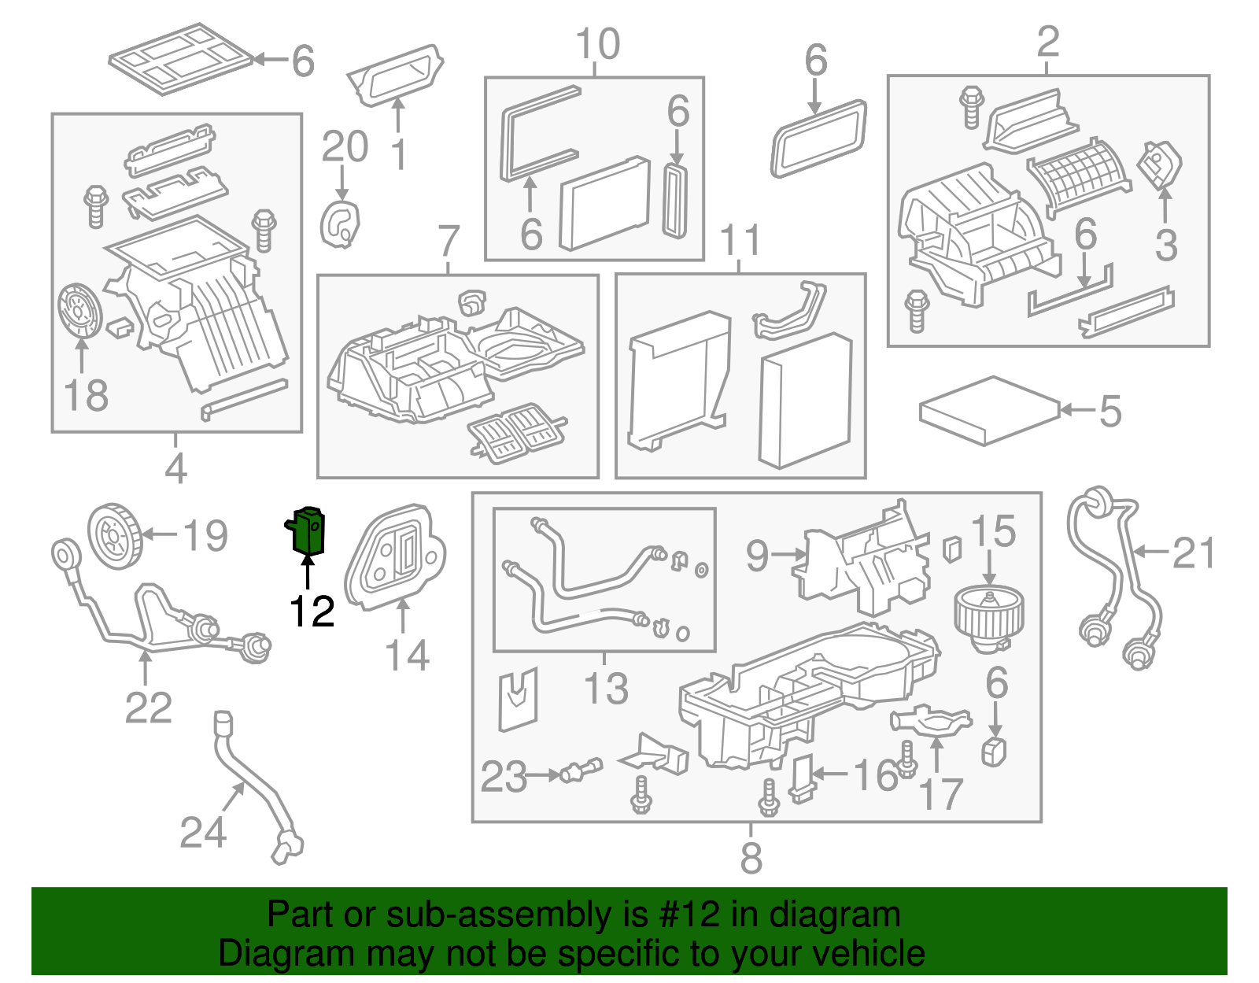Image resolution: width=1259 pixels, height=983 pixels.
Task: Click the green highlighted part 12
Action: click(x=305, y=530)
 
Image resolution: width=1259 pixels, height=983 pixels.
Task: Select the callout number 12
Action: click(x=312, y=611)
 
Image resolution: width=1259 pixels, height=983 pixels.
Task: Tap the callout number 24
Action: click(x=202, y=833)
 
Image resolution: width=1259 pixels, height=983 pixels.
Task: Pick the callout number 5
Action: click(x=1110, y=412)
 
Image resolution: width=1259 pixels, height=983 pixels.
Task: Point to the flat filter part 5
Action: click(x=990, y=411)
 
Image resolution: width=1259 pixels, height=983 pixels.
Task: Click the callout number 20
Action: click(x=345, y=146)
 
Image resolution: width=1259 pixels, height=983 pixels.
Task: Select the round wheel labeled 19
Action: click(x=115, y=537)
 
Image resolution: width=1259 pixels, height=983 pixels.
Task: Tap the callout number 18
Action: click(x=86, y=396)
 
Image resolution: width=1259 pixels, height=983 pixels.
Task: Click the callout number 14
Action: click(x=408, y=655)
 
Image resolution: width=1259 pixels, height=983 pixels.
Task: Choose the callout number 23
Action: click(x=504, y=776)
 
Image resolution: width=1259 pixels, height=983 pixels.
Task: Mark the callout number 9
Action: click(x=757, y=556)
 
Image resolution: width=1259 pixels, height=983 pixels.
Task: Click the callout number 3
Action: click(x=1166, y=245)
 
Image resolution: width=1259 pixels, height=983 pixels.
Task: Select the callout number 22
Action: click(x=148, y=708)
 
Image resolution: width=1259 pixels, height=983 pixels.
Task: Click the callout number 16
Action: click(x=877, y=775)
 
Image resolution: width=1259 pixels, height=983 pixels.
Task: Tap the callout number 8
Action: click(x=751, y=858)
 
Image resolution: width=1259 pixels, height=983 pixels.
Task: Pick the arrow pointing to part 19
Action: click(x=160, y=534)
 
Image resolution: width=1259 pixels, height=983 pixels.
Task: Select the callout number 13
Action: click(x=606, y=689)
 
